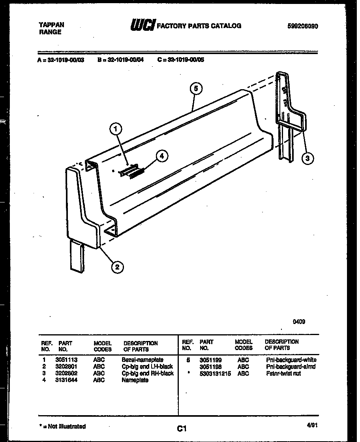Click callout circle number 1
point(115,128)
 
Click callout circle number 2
point(116,267)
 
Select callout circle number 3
point(308,158)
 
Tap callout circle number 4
point(161,156)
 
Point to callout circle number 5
point(196,88)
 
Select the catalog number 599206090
point(303,26)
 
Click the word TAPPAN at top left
point(51,24)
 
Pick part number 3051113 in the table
point(67,360)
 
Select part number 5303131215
point(215,373)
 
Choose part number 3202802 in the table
point(67,373)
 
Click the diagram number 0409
point(298,322)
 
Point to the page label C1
point(182,428)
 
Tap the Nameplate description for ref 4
point(135,380)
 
